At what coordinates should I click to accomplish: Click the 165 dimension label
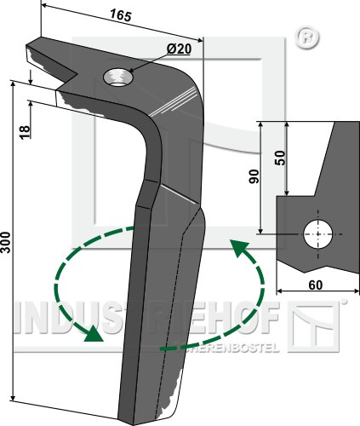click(x=121, y=15)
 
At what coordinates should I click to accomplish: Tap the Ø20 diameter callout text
click(x=179, y=49)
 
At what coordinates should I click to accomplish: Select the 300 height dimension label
click(x=5, y=242)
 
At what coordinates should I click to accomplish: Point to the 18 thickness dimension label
click(x=25, y=132)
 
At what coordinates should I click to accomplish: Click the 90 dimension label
click(x=254, y=176)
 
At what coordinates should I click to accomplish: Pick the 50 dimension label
click(x=280, y=158)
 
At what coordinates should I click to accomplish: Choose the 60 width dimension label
click(x=315, y=285)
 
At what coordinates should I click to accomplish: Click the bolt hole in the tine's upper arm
click(x=118, y=78)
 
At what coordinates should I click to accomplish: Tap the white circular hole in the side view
click(x=318, y=234)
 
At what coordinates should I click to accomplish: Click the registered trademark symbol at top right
click(x=307, y=37)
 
